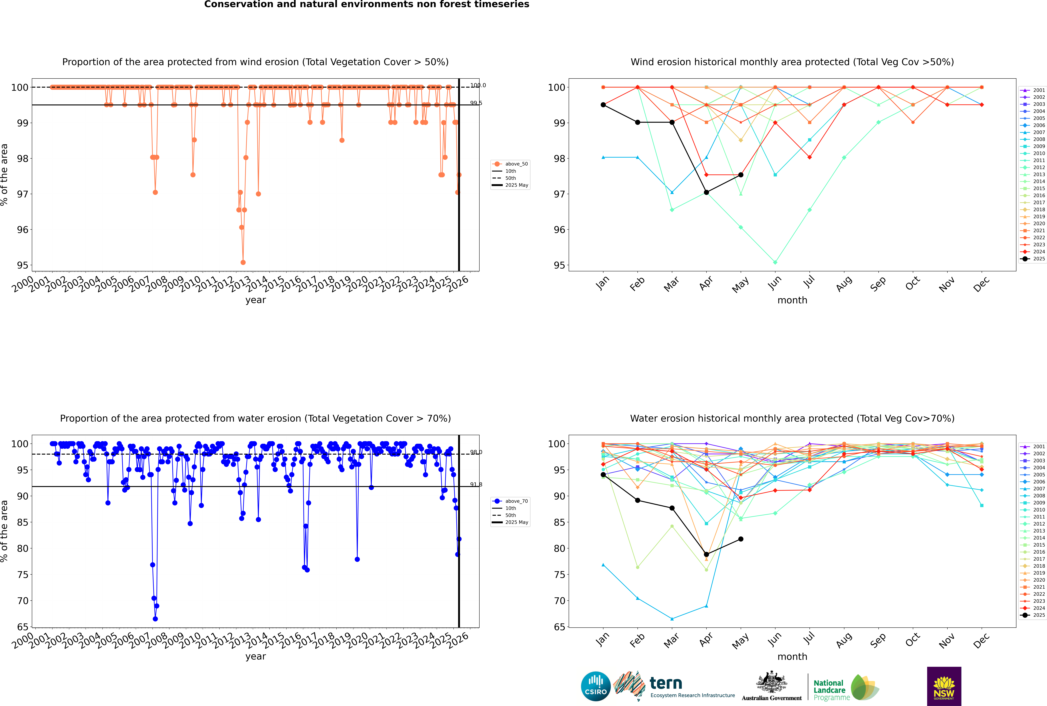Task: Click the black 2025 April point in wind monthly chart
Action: [x=706, y=192]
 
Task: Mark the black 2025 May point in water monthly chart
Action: [x=741, y=539]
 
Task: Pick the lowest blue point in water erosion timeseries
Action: [x=155, y=619]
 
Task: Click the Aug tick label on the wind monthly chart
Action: [x=844, y=284]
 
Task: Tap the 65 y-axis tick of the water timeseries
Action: [x=22, y=627]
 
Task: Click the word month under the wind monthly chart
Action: [x=792, y=300]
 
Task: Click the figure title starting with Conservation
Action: [x=366, y=4]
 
